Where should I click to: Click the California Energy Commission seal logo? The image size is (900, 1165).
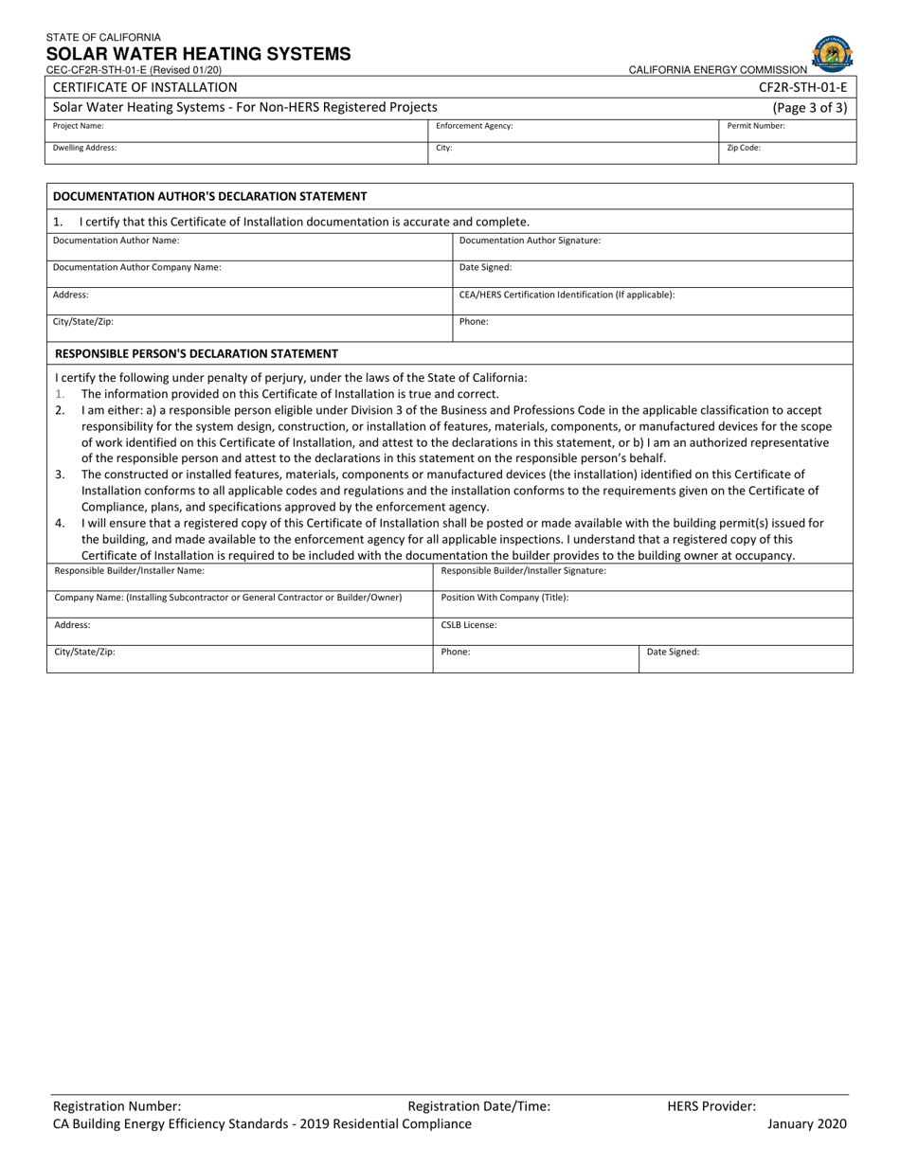pos(832,54)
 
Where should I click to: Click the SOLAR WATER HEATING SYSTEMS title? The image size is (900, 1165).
pos(198,54)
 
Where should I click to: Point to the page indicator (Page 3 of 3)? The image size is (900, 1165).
pos(810,108)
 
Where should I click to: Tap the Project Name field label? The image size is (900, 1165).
pos(79,126)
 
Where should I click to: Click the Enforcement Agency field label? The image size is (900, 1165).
pos(474,126)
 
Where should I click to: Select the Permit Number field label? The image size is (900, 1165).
pos(756,126)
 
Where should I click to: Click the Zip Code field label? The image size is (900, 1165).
pos(744,148)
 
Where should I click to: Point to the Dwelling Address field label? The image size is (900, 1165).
pos(85,148)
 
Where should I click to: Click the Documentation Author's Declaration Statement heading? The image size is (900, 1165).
pos(209,196)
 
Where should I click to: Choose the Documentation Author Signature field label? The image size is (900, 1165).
pos(530,241)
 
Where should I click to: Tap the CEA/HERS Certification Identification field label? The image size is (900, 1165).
pos(567,295)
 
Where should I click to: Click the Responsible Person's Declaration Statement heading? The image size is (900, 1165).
pos(196,353)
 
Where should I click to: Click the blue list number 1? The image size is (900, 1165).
pos(60,394)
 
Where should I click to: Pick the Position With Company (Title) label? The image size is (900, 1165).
pos(505,598)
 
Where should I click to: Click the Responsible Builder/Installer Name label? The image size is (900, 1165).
pos(129,571)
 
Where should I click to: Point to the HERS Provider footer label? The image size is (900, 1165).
pos(711,1105)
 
